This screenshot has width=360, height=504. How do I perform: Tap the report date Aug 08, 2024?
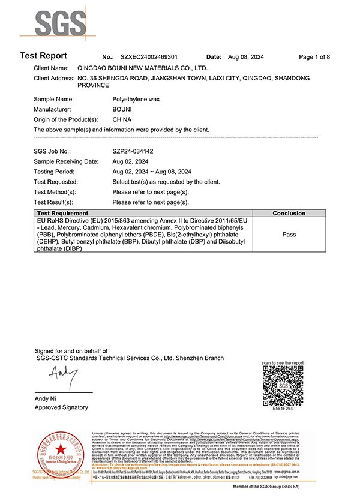(248, 57)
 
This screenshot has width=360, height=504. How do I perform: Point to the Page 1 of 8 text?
(314, 57)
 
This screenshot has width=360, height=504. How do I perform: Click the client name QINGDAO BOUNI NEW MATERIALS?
(143, 68)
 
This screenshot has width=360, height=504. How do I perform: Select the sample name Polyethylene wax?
(139, 98)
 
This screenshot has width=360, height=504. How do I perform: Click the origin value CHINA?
(122, 119)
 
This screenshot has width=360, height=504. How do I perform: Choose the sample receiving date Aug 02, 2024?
(130, 161)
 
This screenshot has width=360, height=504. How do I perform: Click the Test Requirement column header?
(63, 214)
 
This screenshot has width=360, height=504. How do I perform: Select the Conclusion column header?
(289, 214)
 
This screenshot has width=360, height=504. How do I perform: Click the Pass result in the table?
(289, 235)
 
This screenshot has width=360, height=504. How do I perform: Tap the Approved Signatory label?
(61, 407)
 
